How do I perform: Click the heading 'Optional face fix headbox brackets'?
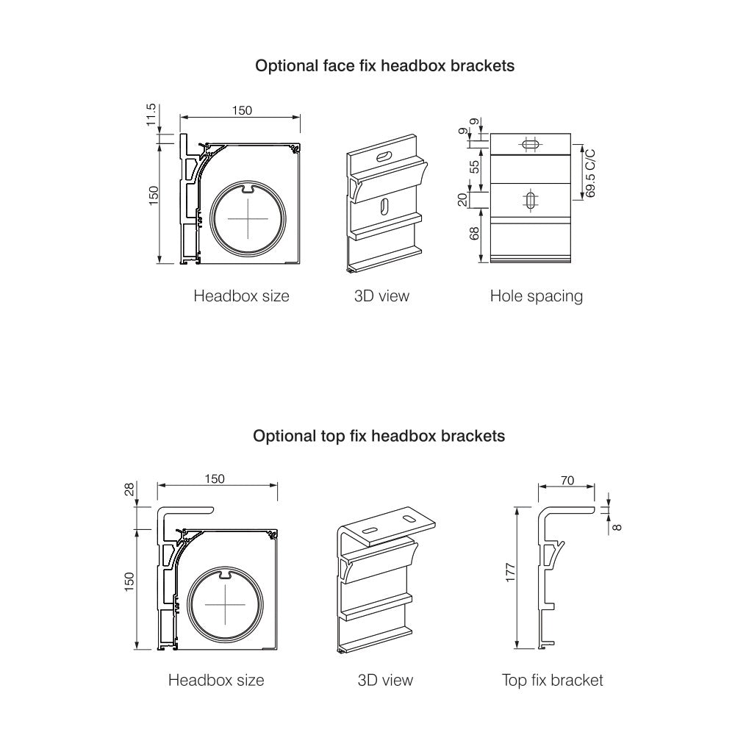pyautogui.click(x=384, y=65)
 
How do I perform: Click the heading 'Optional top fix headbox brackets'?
pyautogui.click(x=379, y=436)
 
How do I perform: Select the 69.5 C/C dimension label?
pyautogui.click(x=590, y=173)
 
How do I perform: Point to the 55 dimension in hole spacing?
pyautogui.click(x=475, y=166)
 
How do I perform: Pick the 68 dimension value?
pyautogui.click(x=475, y=234)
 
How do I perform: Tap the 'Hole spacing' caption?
pyautogui.click(x=536, y=296)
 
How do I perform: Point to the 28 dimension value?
pyautogui.click(x=130, y=491)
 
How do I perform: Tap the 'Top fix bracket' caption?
pyautogui.click(x=552, y=681)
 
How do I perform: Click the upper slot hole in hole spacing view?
pyautogui.click(x=530, y=144)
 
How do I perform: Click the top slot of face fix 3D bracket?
pyautogui.click(x=384, y=156)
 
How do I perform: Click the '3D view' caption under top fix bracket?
pyautogui.click(x=385, y=681)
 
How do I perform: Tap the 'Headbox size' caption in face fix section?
pyautogui.click(x=241, y=296)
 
